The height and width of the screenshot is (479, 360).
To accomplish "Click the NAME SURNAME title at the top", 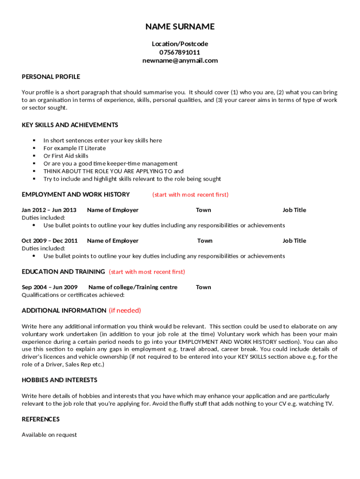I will pyautogui.click(x=180, y=27).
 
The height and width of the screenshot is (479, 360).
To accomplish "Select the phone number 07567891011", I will pyautogui.click(x=180, y=52).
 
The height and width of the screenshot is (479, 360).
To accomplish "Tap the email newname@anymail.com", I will pyautogui.click(x=180, y=61).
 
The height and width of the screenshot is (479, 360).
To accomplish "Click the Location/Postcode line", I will pyautogui.click(x=180, y=44).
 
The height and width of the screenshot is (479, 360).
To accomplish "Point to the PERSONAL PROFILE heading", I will pyautogui.click(x=51, y=77).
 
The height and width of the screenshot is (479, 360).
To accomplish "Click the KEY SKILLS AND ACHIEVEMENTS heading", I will pyautogui.click(x=70, y=125).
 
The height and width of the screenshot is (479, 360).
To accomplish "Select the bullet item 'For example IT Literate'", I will pyautogui.click(x=75, y=148).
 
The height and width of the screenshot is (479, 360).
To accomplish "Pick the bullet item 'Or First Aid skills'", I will pyautogui.click(x=66, y=156).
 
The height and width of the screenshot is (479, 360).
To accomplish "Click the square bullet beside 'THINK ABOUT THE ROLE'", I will pyautogui.click(x=34, y=171).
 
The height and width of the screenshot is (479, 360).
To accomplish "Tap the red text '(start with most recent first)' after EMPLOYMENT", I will pyautogui.click(x=190, y=195).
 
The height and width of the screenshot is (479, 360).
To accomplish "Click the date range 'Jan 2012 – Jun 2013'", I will pyautogui.click(x=49, y=210).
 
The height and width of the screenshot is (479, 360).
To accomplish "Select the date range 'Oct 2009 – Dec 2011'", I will pyautogui.click(x=50, y=241).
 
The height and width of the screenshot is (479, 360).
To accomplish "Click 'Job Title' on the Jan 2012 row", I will pyautogui.click(x=294, y=210).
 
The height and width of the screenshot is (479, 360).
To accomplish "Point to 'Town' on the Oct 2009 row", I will pyautogui.click(x=205, y=241).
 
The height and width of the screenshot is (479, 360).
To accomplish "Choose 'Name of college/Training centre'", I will pyautogui.click(x=133, y=287).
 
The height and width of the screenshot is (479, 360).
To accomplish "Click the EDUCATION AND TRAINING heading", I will pyautogui.click(x=64, y=272).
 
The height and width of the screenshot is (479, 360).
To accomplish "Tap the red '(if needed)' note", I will pyautogui.click(x=125, y=311).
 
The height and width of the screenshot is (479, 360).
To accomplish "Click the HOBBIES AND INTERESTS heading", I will pyautogui.click(x=59, y=380).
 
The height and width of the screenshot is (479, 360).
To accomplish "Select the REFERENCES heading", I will pyautogui.click(x=41, y=419).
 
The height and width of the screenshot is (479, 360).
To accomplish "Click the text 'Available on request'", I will pyautogui.click(x=49, y=435).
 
